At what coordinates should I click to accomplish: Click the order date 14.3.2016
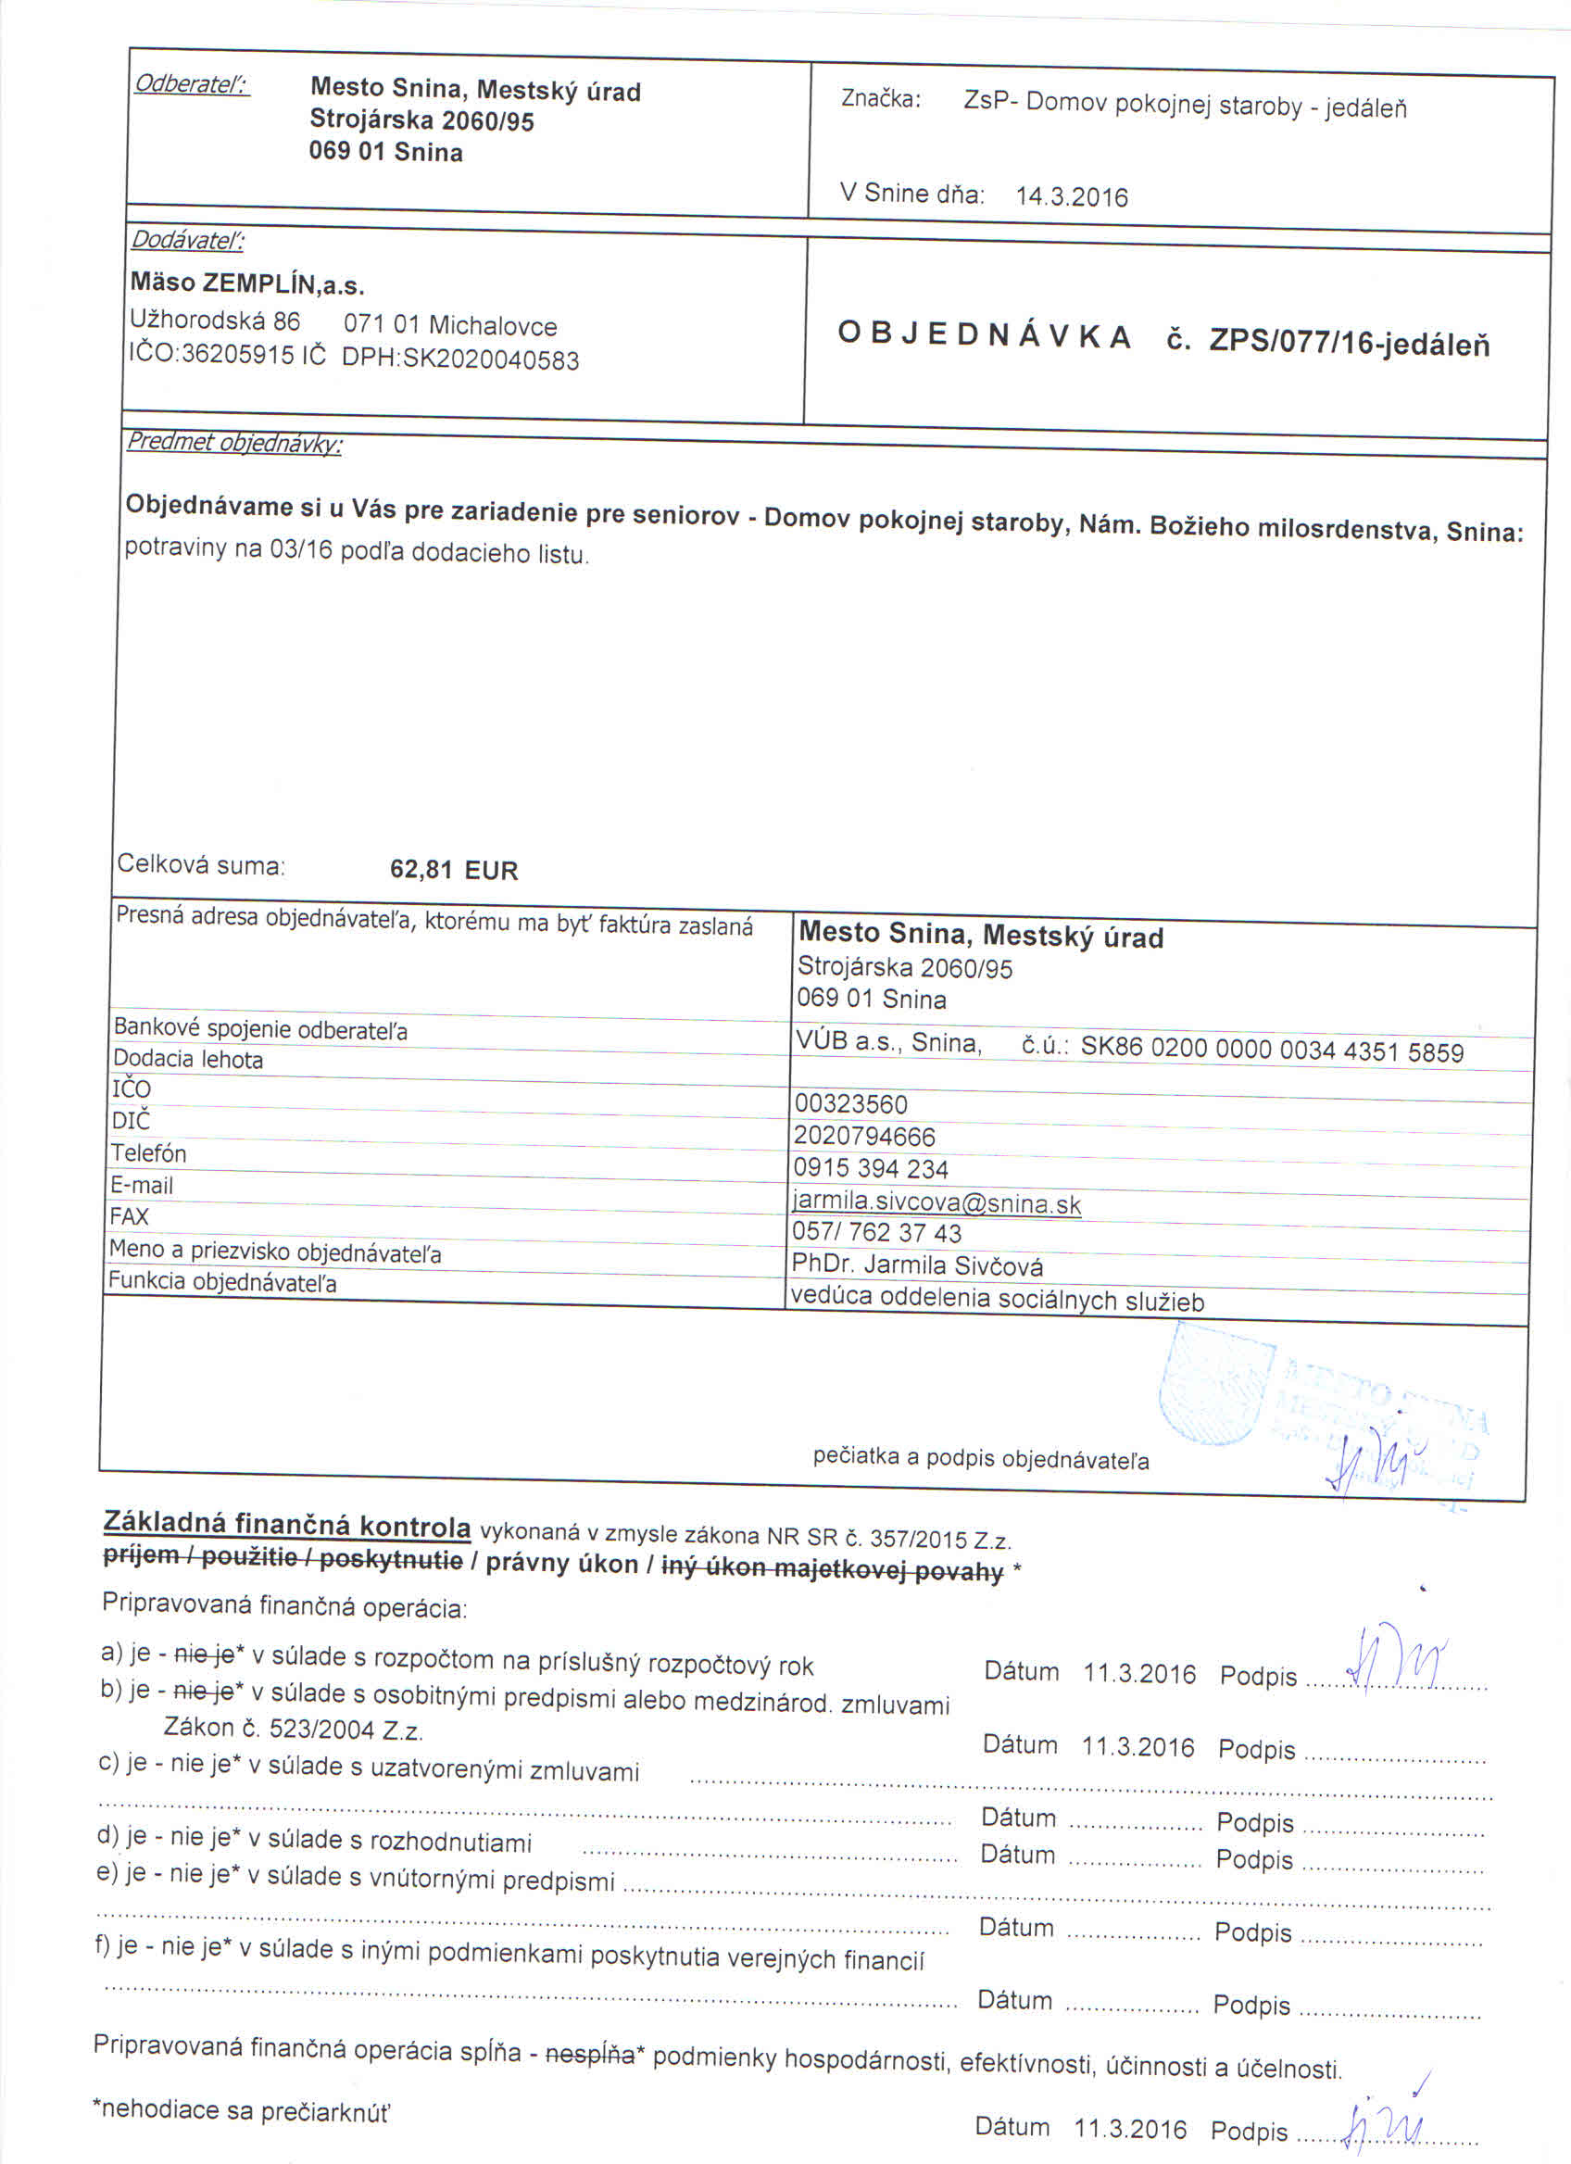(x=1071, y=197)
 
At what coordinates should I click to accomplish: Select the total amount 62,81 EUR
(x=454, y=870)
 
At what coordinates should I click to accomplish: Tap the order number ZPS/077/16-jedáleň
(x=1349, y=343)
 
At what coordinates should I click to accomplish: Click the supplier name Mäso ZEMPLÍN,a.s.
(x=248, y=284)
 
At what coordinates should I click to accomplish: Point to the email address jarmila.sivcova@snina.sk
(x=936, y=1203)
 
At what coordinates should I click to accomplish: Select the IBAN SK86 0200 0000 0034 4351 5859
(x=1272, y=1051)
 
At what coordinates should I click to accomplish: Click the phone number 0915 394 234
(x=870, y=1169)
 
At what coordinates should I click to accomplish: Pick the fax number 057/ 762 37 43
(x=876, y=1233)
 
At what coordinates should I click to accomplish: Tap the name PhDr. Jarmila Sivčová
(x=917, y=1266)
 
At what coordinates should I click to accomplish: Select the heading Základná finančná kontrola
(x=287, y=1527)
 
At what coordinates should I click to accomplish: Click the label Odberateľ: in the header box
(x=192, y=85)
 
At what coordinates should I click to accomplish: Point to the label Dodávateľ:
(x=187, y=241)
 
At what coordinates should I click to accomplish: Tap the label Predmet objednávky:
(x=234, y=444)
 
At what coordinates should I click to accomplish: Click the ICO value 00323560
(x=851, y=1104)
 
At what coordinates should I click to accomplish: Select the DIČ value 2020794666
(x=864, y=1137)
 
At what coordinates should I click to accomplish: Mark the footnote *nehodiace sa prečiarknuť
(x=243, y=2111)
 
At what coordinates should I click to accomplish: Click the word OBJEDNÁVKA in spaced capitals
(x=985, y=336)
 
